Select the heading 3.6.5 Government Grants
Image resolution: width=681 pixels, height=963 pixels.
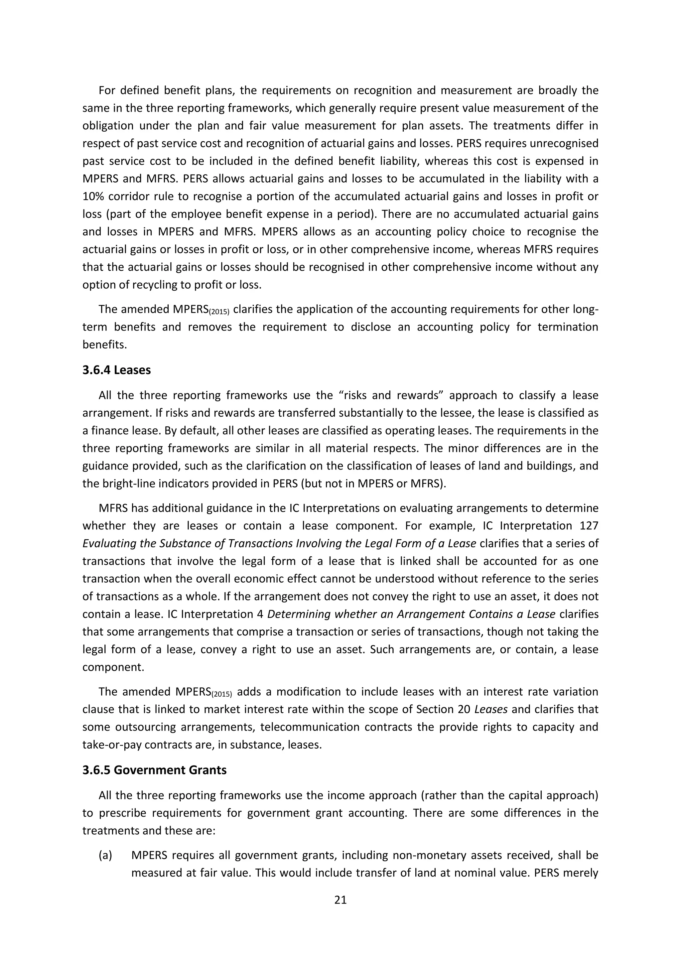pyautogui.click(x=154, y=770)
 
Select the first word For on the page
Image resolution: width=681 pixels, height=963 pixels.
pyautogui.click(x=106, y=90)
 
